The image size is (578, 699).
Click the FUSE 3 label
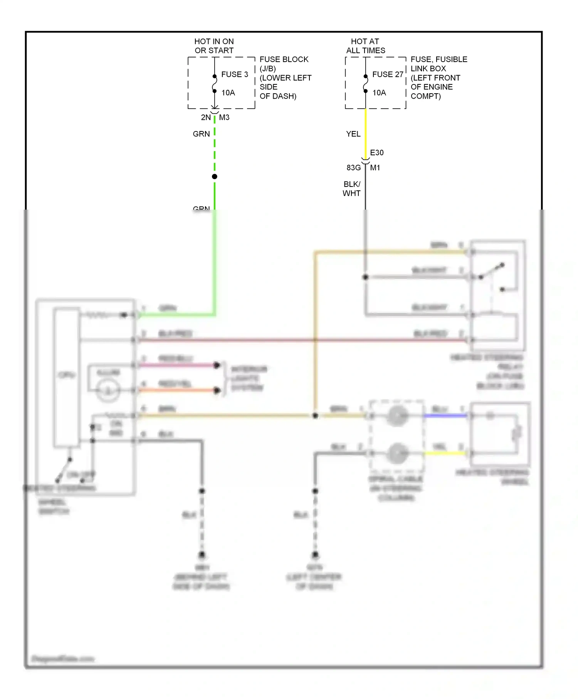point(234,74)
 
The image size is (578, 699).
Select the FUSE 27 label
point(387,74)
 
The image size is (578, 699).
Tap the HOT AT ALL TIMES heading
point(365,46)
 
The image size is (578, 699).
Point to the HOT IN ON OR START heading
point(214,46)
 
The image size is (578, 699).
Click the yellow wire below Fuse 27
point(366,131)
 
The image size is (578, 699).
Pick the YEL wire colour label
point(353,134)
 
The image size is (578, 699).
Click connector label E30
point(376,153)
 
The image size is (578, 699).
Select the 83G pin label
point(353,168)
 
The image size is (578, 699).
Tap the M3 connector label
point(224,118)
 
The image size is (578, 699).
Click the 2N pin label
point(206,118)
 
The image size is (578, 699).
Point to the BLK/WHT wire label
point(351,189)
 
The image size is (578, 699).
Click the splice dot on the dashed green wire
point(215,176)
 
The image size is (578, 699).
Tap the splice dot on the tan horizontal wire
point(315,416)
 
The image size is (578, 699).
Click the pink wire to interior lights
point(177,365)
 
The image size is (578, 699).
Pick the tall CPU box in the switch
point(67,378)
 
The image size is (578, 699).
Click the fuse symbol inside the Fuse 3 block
point(215,84)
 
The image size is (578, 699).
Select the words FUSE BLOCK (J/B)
point(284,64)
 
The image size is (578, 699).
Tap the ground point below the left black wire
point(202,555)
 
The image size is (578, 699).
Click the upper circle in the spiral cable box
point(397,416)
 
